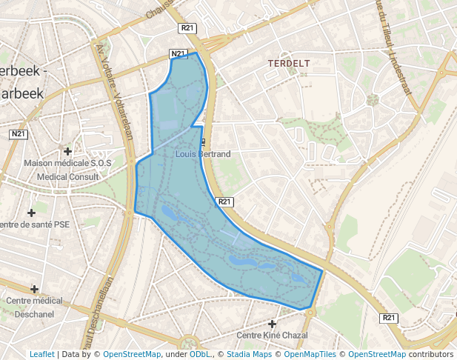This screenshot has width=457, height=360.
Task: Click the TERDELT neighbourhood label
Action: [289, 64]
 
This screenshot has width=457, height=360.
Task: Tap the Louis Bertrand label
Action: [203, 154]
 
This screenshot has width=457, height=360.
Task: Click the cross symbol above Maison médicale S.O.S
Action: [68, 150]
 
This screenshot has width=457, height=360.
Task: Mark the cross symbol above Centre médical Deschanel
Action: [34, 289]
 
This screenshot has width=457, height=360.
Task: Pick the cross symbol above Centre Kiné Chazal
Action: [273, 324]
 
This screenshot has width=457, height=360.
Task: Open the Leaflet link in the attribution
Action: [41, 354]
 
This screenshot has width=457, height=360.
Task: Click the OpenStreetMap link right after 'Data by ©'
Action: [131, 354]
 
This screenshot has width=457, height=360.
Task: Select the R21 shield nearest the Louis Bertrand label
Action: [225, 201]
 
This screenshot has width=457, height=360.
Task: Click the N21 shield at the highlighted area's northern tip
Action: [177, 54]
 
